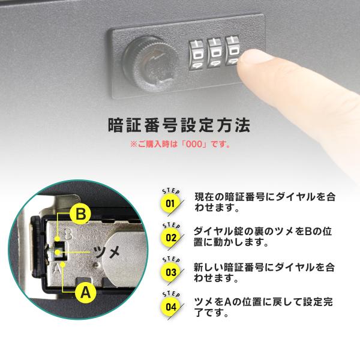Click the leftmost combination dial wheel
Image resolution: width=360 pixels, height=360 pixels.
coord(197,55)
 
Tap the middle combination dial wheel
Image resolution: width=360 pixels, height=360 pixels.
coord(215,53)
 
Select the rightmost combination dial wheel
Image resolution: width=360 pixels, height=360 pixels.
coord(233,51)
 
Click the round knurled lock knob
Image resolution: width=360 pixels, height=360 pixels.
coord(151,62)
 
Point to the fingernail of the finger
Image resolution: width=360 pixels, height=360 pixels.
coord(256,56)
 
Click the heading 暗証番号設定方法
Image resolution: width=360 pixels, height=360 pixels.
coord(179,125)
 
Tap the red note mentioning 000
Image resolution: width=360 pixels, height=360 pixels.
coord(180,145)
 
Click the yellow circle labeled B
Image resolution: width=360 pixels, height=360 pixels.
coord(81,214)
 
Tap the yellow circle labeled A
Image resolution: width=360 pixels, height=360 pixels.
coord(85,293)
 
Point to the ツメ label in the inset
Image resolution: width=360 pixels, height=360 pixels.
coord(107,252)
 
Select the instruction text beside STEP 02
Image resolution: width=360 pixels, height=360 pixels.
coord(263,237)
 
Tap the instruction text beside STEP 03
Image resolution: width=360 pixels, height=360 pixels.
coord(264,272)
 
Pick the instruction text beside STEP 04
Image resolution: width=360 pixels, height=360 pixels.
coord(263,307)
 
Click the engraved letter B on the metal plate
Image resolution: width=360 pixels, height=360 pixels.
coord(68,234)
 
